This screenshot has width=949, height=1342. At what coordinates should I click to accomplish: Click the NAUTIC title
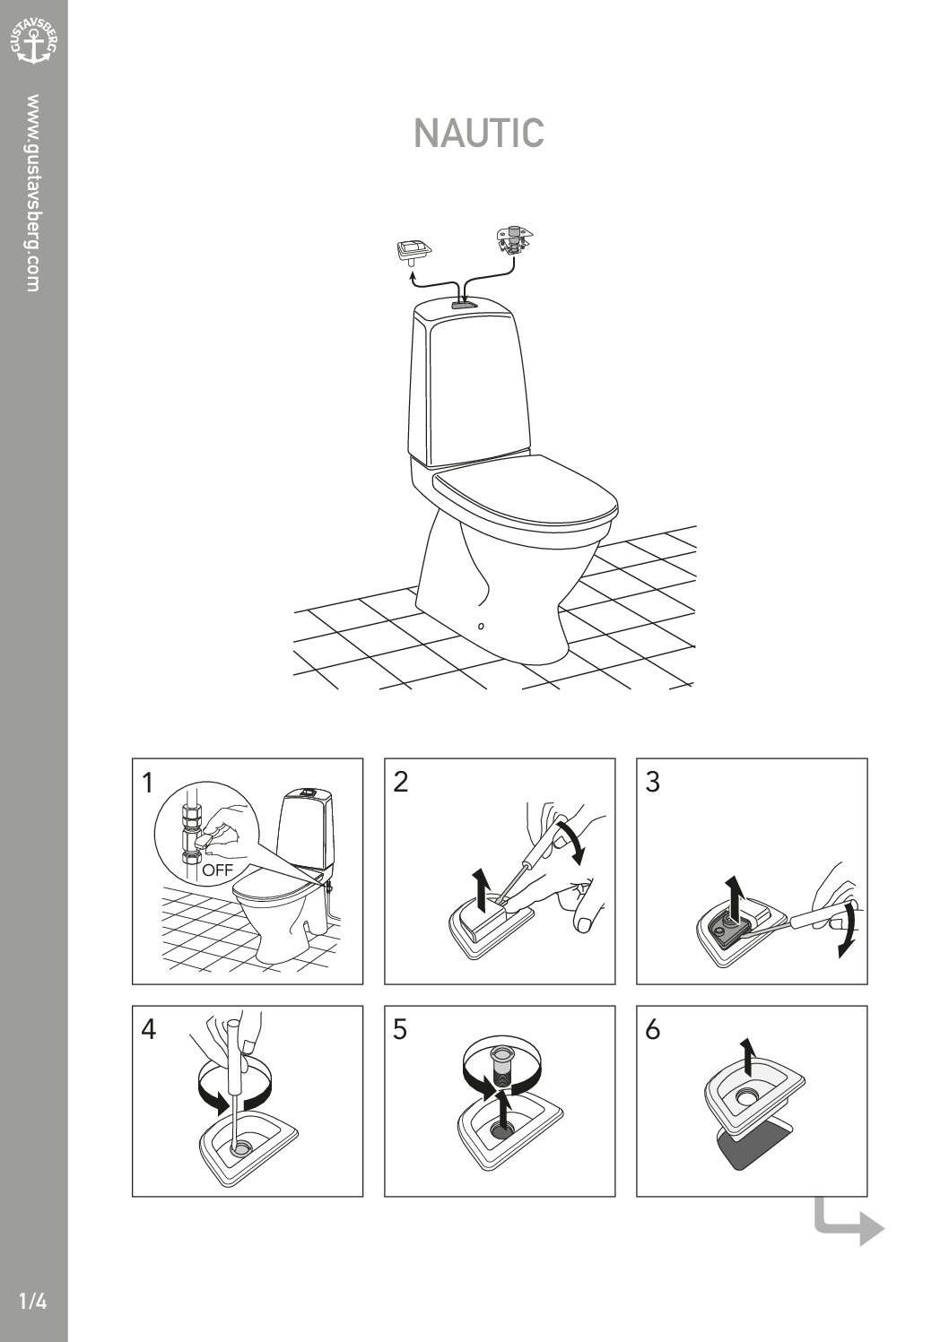click(479, 133)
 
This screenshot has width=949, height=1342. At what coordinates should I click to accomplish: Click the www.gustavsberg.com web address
click(33, 193)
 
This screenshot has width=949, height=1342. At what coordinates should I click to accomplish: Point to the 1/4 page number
click(33, 1302)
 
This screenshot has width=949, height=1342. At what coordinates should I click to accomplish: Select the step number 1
click(147, 783)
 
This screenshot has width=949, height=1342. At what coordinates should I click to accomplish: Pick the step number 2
click(400, 783)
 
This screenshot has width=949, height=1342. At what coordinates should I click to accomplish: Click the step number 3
click(653, 783)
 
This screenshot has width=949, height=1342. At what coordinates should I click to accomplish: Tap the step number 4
click(149, 1030)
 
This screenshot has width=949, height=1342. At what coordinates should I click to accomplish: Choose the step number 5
click(400, 1030)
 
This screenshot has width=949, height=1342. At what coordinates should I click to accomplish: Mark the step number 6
click(653, 1030)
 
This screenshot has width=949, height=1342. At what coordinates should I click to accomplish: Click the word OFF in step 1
click(217, 870)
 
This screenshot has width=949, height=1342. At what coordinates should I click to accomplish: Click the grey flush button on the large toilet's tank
click(465, 304)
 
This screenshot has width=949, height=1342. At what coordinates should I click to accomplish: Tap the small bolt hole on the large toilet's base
click(481, 627)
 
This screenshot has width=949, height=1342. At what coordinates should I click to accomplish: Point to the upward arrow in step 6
click(745, 1058)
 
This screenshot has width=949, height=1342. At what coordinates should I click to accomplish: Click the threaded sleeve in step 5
click(500, 1070)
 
